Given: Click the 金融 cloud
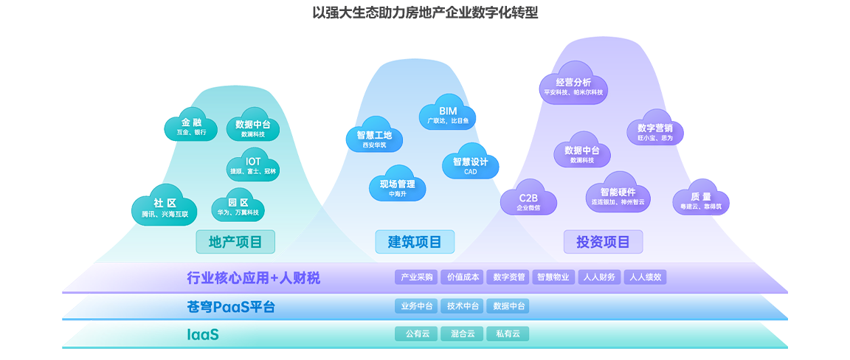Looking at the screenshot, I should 191,127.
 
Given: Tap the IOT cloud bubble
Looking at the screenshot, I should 253,165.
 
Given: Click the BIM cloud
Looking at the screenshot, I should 448,114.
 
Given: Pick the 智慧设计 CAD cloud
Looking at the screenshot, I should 470,165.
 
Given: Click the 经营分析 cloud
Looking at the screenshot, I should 573,86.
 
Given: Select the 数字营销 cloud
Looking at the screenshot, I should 655,131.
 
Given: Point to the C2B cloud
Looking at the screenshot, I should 528,201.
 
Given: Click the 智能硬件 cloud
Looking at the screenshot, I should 618,195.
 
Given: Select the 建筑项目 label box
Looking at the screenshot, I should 415,241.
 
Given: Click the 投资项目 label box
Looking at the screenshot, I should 603,241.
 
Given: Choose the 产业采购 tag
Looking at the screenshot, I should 417,277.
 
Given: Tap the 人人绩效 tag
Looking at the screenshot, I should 645,277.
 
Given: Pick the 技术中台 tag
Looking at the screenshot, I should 463,306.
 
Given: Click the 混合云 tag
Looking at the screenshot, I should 463,333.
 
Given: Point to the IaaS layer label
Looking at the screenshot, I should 203,335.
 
